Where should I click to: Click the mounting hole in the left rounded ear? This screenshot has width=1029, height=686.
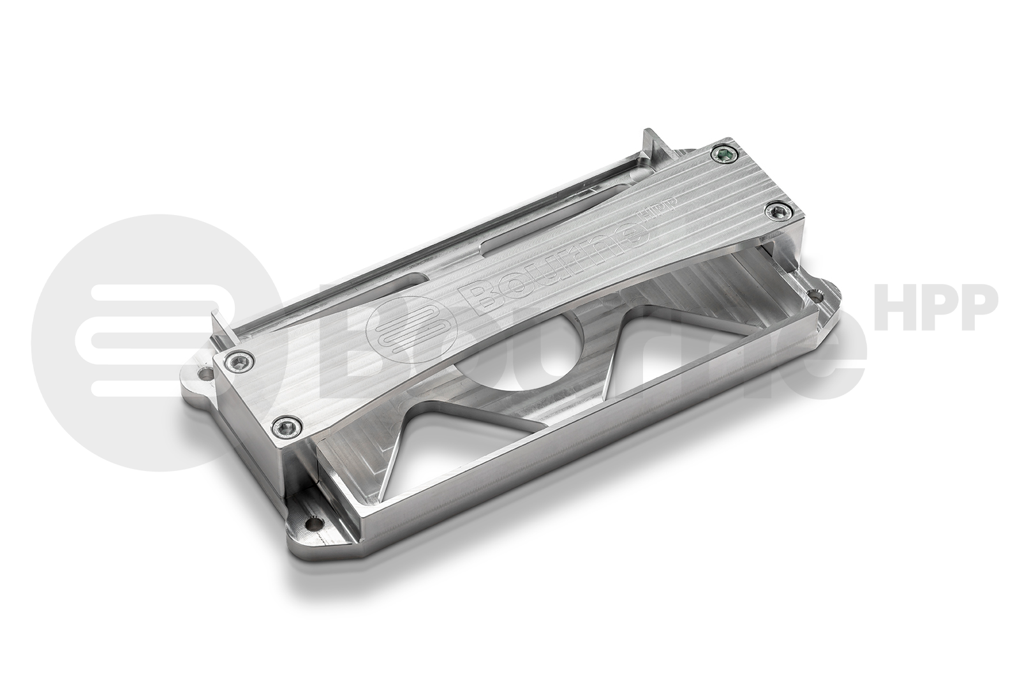pos(205,370)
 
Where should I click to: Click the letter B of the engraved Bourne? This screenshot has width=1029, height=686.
pos(480,294)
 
